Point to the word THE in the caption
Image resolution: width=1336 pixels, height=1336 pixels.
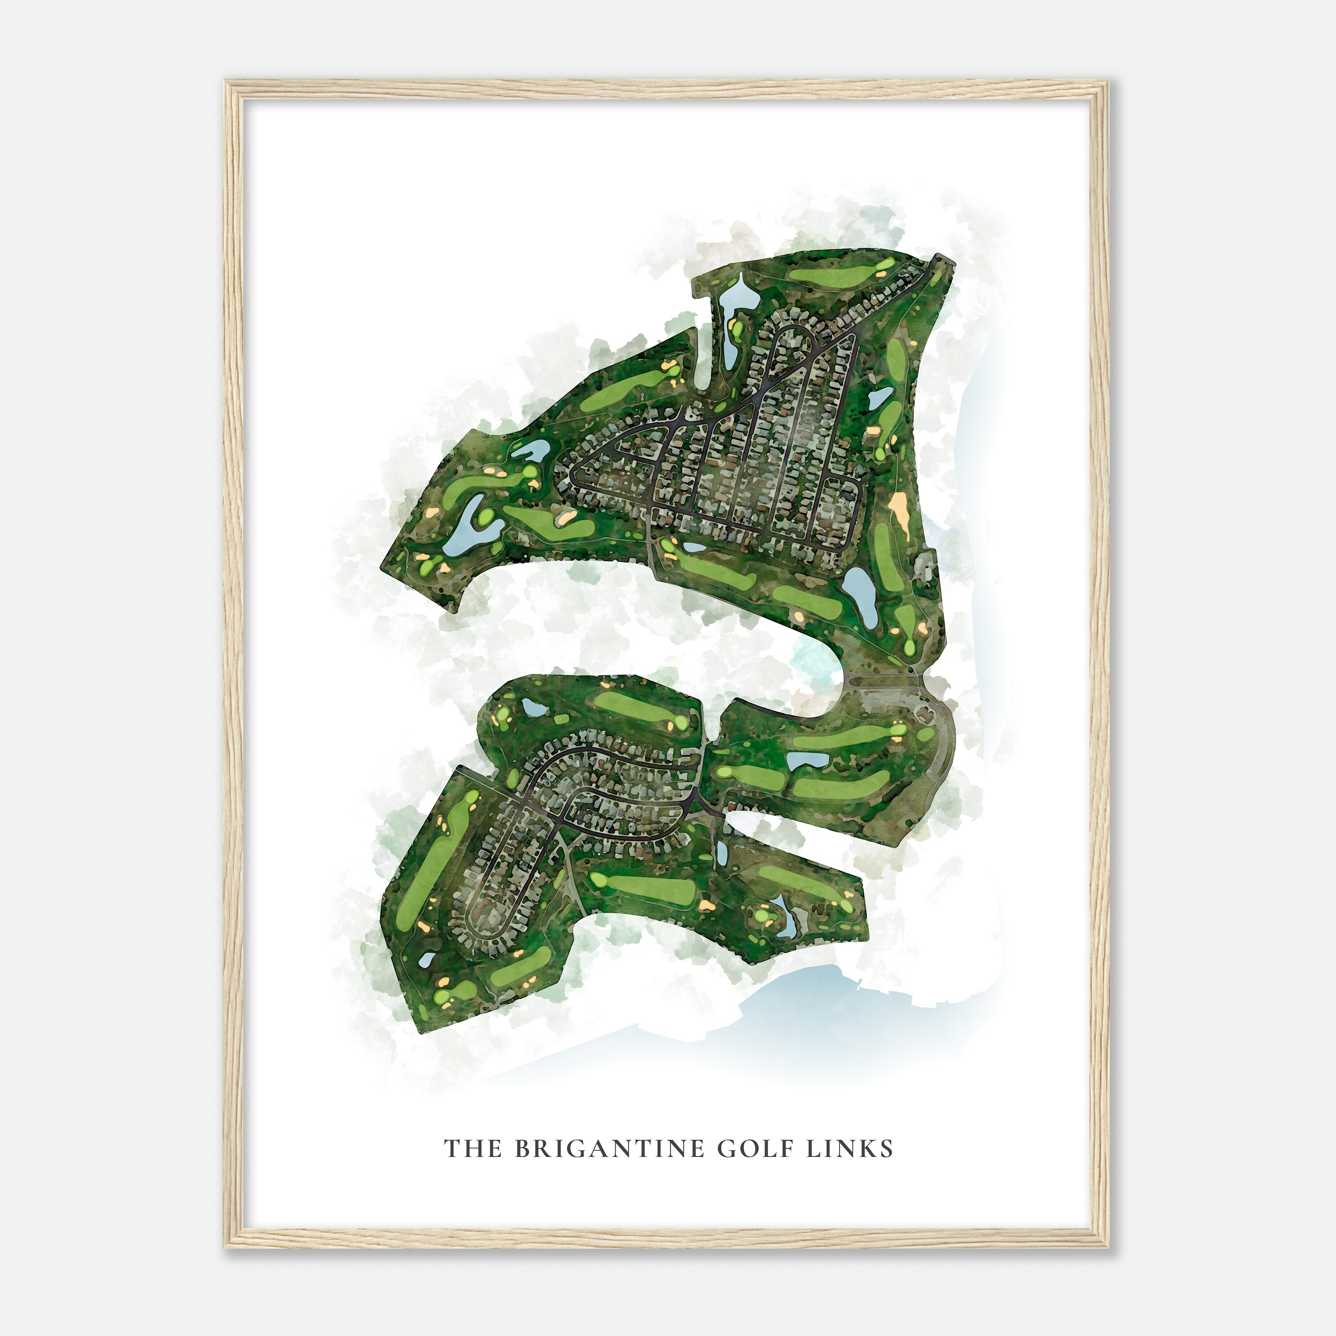pyautogui.click(x=472, y=1149)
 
